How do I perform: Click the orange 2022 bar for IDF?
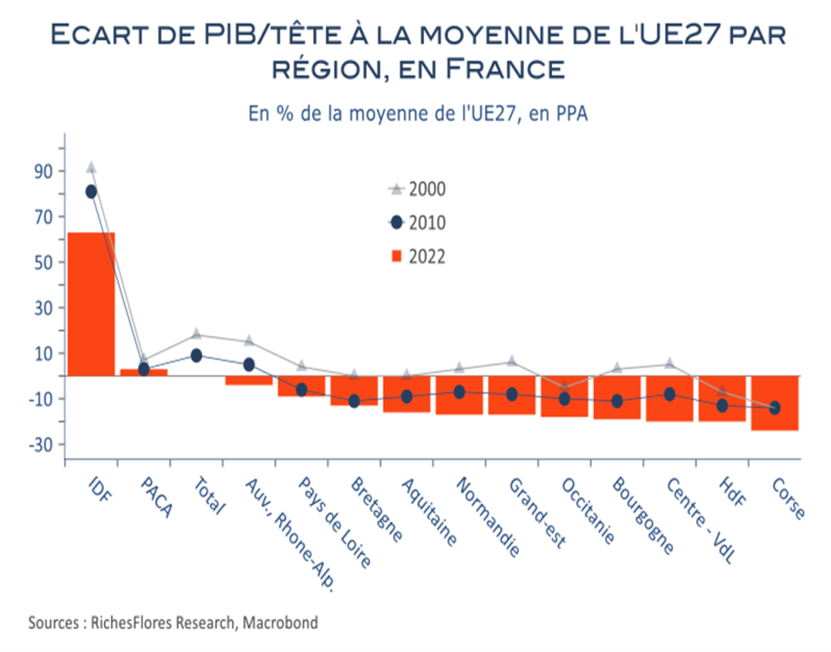91,305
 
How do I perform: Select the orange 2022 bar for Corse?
775,403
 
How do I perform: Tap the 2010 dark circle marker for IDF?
91,192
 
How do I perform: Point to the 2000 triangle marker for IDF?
91,167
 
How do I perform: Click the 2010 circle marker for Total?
196,355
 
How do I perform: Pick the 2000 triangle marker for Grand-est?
512,361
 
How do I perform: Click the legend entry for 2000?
417,189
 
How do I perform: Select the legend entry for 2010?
417,222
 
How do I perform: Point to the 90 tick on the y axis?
44,172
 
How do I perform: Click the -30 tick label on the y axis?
41,445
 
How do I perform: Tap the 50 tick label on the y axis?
44,263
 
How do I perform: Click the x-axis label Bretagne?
377,509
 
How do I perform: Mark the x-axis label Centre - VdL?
701,520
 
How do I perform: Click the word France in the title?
505,69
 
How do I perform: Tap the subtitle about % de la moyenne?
418,114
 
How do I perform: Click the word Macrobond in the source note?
281,622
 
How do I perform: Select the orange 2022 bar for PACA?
143,373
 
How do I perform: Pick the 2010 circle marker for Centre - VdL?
669,394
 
